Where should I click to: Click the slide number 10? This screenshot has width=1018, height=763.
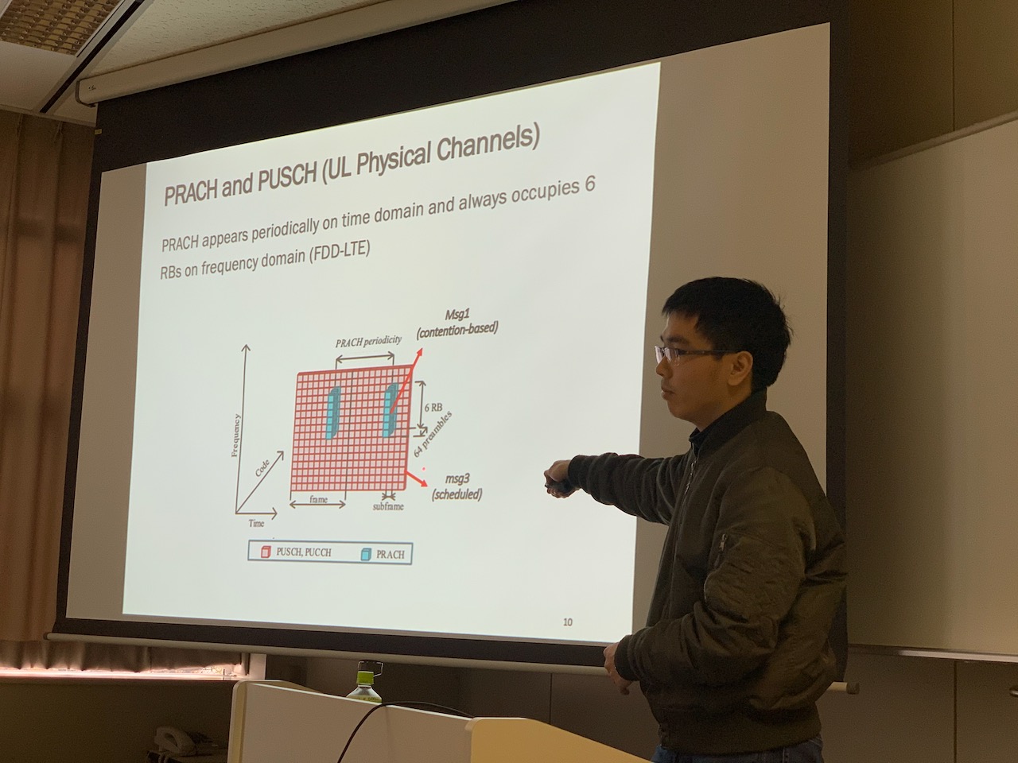[x=568, y=622]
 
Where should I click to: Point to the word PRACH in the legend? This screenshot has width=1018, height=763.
[x=390, y=555]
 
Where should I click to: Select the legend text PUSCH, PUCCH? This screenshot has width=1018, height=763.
[x=304, y=552]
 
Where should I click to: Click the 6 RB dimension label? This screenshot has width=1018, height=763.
[x=433, y=408]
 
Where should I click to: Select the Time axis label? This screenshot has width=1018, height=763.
[x=256, y=524]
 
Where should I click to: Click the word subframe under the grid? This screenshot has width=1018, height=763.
[x=388, y=506]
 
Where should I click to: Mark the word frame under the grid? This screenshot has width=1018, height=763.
[x=319, y=499]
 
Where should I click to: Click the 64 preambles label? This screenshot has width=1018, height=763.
[x=432, y=435]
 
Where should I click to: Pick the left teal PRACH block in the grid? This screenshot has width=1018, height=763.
[x=333, y=413]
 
